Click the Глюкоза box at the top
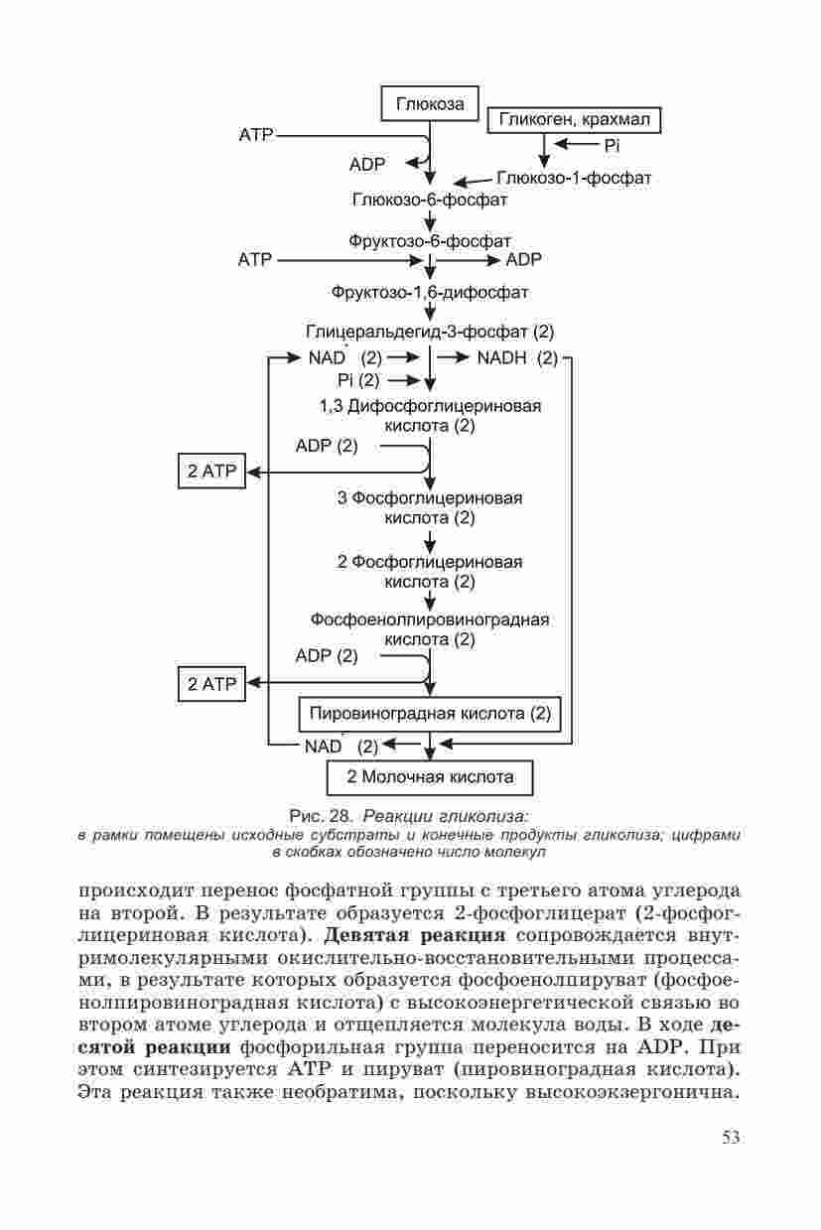point(430,103)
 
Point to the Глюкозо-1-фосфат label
point(574,178)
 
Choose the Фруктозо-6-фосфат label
point(430,241)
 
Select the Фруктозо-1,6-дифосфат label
point(430,293)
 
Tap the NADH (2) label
point(517,357)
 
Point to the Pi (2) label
point(358,380)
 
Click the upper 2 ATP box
point(211,471)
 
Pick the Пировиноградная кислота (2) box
point(430,713)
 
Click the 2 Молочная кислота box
point(430,776)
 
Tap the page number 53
point(731,1137)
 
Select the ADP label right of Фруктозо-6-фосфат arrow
point(524,260)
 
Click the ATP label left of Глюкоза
point(255,133)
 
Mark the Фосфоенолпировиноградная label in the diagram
point(430,619)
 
